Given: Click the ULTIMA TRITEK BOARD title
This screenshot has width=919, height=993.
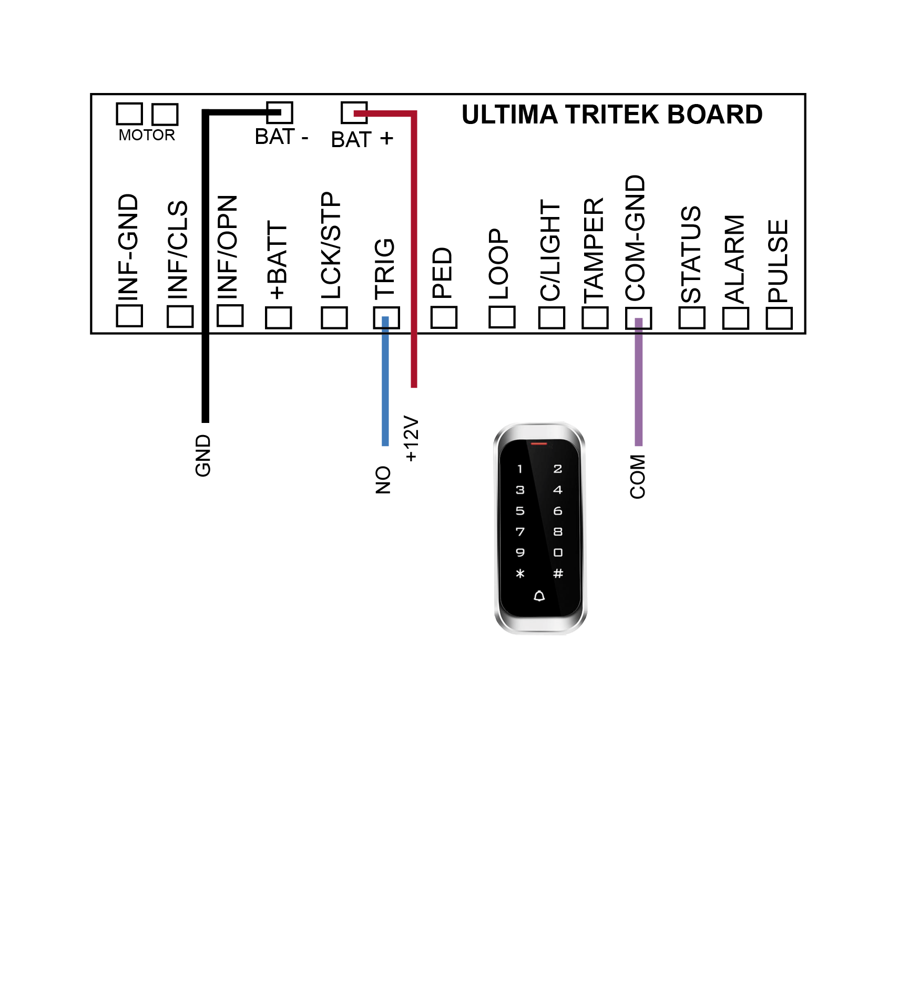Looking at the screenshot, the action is (x=612, y=115).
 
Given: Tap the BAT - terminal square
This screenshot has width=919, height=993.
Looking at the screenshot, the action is (x=280, y=112).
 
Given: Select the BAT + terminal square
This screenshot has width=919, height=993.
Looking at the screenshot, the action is (x=354, y=112).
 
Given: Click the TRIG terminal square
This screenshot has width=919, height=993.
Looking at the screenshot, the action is (x=386, y=318).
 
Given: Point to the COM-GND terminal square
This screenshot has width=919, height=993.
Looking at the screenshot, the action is (x=638, y=318).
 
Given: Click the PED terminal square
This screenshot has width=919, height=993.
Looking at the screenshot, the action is (x=444, y=317).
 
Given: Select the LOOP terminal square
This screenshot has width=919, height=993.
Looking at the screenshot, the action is (x=502, y=317).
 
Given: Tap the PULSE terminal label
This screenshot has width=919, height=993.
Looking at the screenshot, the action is (x=778, y=261).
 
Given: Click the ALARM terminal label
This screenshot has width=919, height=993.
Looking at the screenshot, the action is (x=735, y=259).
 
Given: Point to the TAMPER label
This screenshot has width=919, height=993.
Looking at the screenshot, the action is (x=594, y=251).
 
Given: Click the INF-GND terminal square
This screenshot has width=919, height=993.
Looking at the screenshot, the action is (x=129, y=315).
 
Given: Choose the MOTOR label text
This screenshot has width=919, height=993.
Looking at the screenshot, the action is (x=147, y=135).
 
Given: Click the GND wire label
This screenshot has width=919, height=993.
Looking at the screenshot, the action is (x=203, y=456).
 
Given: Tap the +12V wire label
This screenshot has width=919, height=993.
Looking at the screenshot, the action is (x=411, y=439).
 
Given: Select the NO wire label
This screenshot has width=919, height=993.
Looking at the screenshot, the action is (x=383, y=480).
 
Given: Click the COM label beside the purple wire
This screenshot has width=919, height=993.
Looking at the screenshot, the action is (x=638, y=477).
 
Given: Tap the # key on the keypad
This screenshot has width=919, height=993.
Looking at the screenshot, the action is (x=558, y=573).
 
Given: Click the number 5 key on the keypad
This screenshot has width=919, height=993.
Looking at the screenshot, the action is (x=520, y=511).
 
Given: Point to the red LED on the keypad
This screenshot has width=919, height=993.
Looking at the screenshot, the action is (x=539, y=444).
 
